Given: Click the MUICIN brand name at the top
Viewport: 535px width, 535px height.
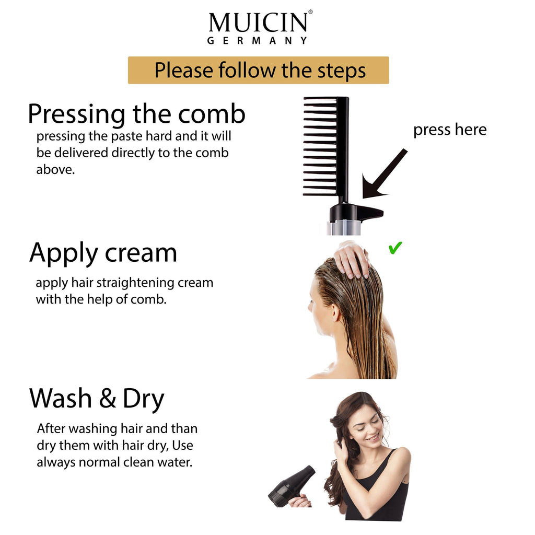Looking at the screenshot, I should pyautogui.click(x=258, y=22).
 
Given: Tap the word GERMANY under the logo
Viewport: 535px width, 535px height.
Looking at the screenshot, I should pyautogui.click(x=257, y=41).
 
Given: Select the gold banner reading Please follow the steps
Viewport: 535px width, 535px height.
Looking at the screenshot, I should pyautogui.click(x=259, y=70).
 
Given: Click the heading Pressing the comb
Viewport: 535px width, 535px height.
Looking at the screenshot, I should pyautogui.click(x=136, y=114).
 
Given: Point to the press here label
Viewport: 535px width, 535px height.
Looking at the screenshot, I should pyautogui.click(x=449, y=130).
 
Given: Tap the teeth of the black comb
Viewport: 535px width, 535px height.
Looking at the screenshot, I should pyautogui.click(x=320, y=146).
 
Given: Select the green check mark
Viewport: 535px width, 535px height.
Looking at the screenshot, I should pyautogui.click(x=395, y=248).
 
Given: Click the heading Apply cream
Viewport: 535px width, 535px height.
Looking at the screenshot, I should pyautogui.click(x=103, y=253).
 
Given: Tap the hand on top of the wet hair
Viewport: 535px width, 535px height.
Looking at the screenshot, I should pyautogui.click(x=352, y=259).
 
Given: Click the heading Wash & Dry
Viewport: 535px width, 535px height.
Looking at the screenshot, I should pyautogui.click(x=97, y=398).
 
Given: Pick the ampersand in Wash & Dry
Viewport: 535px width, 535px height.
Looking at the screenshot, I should pyautogui.click(x=107, y=399).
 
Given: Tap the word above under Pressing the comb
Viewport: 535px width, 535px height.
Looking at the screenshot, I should pyautogui.click(x=55, y=170).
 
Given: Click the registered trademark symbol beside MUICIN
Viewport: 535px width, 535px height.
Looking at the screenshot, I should pyautogui.click(x=310, y=12).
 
